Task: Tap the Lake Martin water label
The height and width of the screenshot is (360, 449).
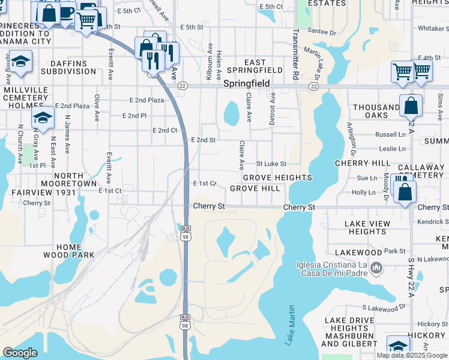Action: point(291,325)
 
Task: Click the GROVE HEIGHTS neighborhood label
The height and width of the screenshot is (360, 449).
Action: point(277,178)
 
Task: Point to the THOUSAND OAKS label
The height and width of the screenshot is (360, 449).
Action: point(376,112)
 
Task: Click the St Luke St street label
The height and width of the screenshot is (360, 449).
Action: point(271,163)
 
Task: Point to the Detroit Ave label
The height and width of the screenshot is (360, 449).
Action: point(272,108)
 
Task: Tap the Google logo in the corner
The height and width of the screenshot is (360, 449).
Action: point(20,353)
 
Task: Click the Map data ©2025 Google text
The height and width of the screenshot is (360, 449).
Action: point(412,355)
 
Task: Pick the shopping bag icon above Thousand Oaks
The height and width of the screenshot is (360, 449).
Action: point(411,106)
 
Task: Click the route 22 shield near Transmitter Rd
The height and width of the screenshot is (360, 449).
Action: point(313,86)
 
